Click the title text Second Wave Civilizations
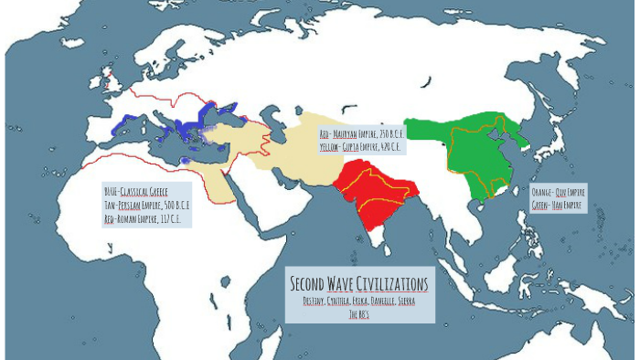pyautogui.click(x=358, y=283)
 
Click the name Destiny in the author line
pyautogui.click(x=316, y=301)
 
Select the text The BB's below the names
pyautogui.click(x=358, y=313)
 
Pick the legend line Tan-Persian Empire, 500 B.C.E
pyautogui.click(x=147, y=206)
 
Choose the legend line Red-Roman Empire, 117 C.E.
pyautogui.click(x=147, y=219)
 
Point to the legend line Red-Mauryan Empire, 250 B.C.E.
pyautogui.click(x=361, y=134)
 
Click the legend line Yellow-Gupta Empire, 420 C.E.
pyautogui.click(x=360, y=146)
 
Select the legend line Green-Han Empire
pyautogui.click(x=558, y=206)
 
